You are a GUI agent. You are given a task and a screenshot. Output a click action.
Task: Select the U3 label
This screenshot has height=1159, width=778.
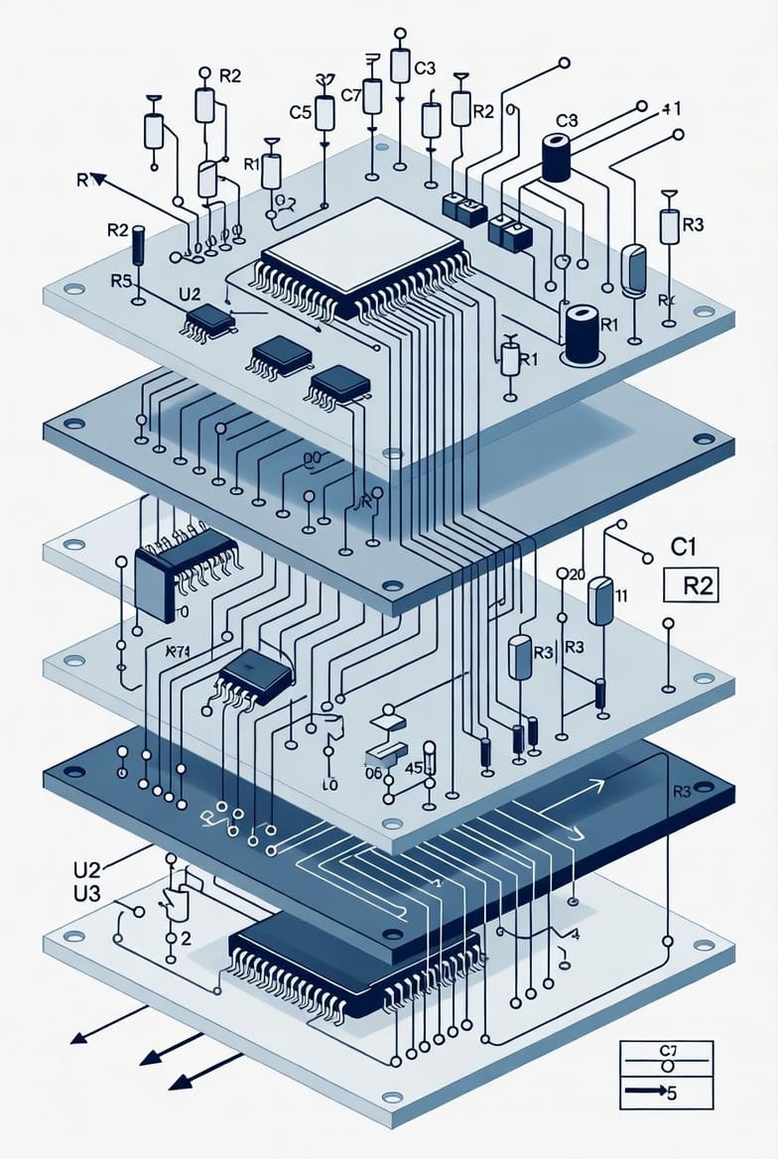pyautogui.click(x=88, y=892)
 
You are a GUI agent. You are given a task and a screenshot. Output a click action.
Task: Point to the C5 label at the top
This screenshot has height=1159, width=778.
pyautogui.click(x=301, y=113)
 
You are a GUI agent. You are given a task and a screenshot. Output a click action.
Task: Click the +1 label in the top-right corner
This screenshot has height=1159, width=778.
pyautogui.click(x=669, y=110)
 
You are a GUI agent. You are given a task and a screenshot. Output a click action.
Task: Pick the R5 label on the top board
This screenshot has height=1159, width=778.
pyautogui.click(x=121, y=281)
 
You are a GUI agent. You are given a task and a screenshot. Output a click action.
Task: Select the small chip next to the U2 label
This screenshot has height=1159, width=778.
pyautogui.click(x=209, y=320)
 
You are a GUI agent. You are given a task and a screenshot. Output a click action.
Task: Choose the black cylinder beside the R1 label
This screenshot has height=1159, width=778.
pyautogui.click(x=579, y=333)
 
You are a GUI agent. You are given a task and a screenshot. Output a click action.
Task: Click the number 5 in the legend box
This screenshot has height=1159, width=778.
pyautogui.click(x=672, y=1095)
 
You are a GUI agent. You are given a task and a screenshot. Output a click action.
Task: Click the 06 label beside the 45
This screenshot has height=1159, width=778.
pyautogui.click(x=373, y=773)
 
